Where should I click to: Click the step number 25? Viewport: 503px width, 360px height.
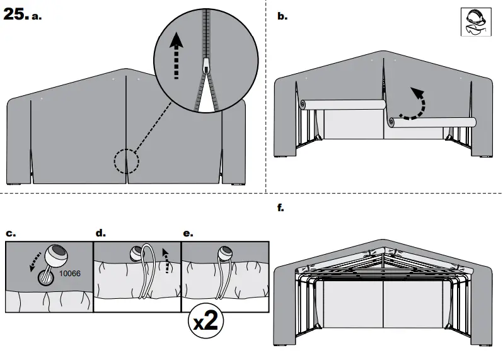click(14, 15)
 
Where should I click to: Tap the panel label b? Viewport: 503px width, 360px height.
click(282, 17)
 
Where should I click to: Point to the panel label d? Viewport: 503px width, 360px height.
click(100, 233)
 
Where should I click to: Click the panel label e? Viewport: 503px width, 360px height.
click(187, 233)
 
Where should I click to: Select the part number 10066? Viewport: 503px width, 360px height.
click(69, 274)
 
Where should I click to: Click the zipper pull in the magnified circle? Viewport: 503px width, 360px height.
click(206, 66)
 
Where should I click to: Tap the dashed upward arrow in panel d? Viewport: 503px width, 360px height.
click(166, 260)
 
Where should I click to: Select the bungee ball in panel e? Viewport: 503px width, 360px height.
click(224, 255)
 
